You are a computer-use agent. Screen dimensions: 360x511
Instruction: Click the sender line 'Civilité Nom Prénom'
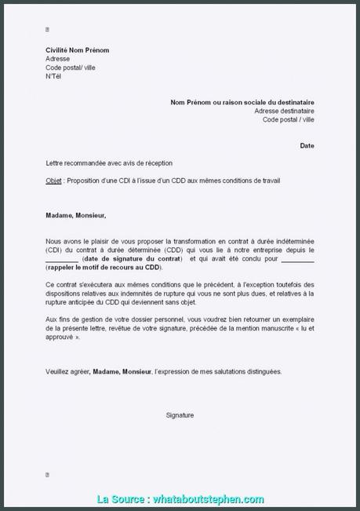pos(77,50)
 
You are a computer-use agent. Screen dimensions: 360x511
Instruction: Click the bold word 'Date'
pos(307,145)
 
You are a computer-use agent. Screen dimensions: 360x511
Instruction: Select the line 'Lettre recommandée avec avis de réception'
pos(109,163)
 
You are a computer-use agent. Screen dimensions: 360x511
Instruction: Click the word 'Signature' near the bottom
pos(180,414)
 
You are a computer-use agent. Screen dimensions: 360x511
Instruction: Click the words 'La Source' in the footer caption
pos(121,499)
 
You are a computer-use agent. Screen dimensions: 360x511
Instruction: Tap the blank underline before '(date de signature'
pos(63,258)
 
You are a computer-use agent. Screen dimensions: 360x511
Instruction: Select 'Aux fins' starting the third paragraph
pos(58,319)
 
